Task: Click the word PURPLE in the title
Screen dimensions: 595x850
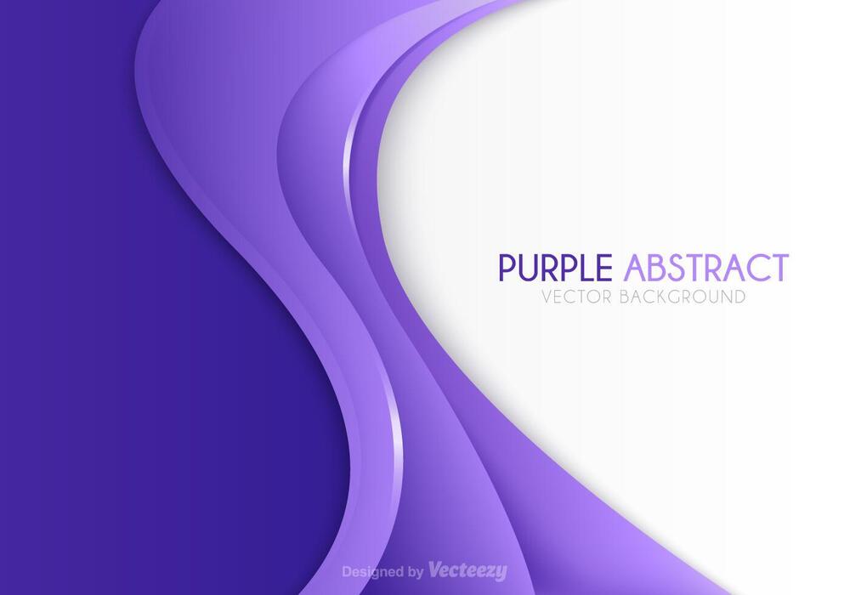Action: click(554, 268)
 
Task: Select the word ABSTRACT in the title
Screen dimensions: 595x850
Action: click(706, 268)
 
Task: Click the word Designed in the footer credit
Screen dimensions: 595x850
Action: click(371, 571)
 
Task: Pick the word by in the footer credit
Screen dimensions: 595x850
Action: click(416, 572)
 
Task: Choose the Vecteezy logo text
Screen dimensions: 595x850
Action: click(467, 570)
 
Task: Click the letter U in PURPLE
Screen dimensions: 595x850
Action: click(530, 268)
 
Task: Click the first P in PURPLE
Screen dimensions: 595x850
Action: click(507, 268)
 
